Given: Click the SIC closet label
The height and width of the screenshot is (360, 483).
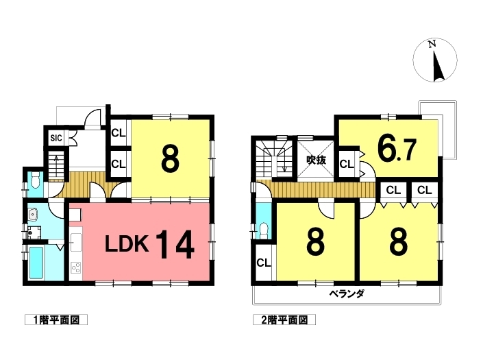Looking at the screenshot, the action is point(56,138).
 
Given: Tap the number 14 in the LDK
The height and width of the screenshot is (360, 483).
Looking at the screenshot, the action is point(175,245).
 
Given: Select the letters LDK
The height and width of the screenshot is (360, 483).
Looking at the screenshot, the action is point(127,243).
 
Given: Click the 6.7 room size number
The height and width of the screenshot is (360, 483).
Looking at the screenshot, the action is point(397,150).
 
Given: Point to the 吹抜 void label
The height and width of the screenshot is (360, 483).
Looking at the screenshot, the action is point(316,160).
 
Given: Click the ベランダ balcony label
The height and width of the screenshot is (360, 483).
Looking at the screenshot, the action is point(347,293).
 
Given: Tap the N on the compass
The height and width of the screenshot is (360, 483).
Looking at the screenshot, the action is point(432,45).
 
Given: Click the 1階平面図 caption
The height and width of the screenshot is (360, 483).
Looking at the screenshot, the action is point(56,320).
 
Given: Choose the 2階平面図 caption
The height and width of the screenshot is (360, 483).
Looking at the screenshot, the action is point(284,320).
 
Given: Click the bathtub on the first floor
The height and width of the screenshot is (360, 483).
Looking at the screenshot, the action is point(36,263).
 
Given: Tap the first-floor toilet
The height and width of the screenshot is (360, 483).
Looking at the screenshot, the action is point(36,180).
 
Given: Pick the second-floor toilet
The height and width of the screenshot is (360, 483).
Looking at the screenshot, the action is point(264,230).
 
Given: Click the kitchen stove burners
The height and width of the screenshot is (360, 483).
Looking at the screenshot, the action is point(76,267).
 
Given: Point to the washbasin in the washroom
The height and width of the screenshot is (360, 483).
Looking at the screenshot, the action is point(32,214).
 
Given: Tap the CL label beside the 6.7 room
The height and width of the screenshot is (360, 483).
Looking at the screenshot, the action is point(347,165).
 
